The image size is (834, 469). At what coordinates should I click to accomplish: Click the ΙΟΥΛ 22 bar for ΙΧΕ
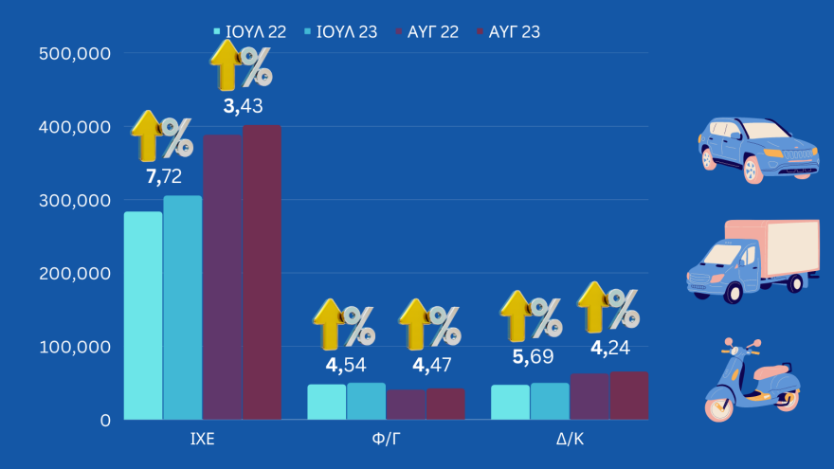point(142,316)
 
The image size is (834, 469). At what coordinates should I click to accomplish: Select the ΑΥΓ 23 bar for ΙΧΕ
point(262,273)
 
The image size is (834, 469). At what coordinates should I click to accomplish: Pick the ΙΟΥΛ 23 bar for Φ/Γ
point(366,401)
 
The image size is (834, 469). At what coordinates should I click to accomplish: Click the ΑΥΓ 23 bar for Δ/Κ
point(628,395)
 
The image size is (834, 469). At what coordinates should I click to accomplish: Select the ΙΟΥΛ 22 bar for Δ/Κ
point(510,402)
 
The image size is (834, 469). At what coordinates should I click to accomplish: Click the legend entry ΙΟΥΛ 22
point(251,32)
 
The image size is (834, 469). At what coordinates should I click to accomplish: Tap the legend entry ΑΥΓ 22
point(426,32)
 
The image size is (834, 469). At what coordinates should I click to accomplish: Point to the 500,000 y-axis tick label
point(76,54)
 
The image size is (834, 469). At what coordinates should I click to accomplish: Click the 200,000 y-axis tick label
point(76,274)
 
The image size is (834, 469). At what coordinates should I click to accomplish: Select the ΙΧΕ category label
point(202,441)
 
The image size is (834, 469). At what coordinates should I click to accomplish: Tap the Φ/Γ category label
point(386,441)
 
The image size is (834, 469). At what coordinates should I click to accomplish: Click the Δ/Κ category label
point(569,441)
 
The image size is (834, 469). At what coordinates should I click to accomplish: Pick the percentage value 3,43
point(243,107)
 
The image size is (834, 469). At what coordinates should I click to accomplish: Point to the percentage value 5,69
point(533,356)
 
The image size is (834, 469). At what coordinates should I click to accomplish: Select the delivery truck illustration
point(752,261)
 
